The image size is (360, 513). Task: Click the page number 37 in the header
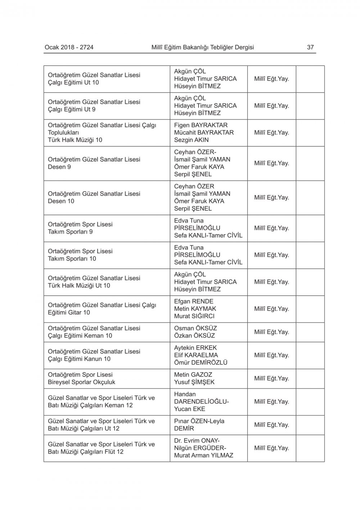[x=310, y=47]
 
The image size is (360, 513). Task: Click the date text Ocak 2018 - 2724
[x=69, y=47]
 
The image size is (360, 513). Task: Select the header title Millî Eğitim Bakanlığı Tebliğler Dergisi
[x=203, y=47]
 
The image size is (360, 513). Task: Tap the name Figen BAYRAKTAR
[x=201, y=125]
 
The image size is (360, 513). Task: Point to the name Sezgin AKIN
[x=191, y=140]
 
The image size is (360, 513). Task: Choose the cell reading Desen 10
[x=61, y=201]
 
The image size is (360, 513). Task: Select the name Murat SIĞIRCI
[x=194, y=316]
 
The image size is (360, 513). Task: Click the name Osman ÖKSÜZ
[x=195, y=328]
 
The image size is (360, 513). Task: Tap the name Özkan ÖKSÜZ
[x=194, y=335]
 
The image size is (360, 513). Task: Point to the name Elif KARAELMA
[x=196, y=355]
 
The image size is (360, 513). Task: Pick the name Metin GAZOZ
[x=193, y=375]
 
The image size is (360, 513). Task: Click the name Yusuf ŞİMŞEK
[x=194, y=382]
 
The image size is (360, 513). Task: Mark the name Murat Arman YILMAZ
[x=204, y=455]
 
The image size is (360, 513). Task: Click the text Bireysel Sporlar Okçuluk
[x=82, y=382]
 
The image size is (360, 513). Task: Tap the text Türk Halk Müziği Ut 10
[x=79, y=285]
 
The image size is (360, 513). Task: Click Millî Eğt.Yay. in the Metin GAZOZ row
[x=271, y=378]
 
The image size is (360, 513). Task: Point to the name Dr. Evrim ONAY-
[x=197, y=441]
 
